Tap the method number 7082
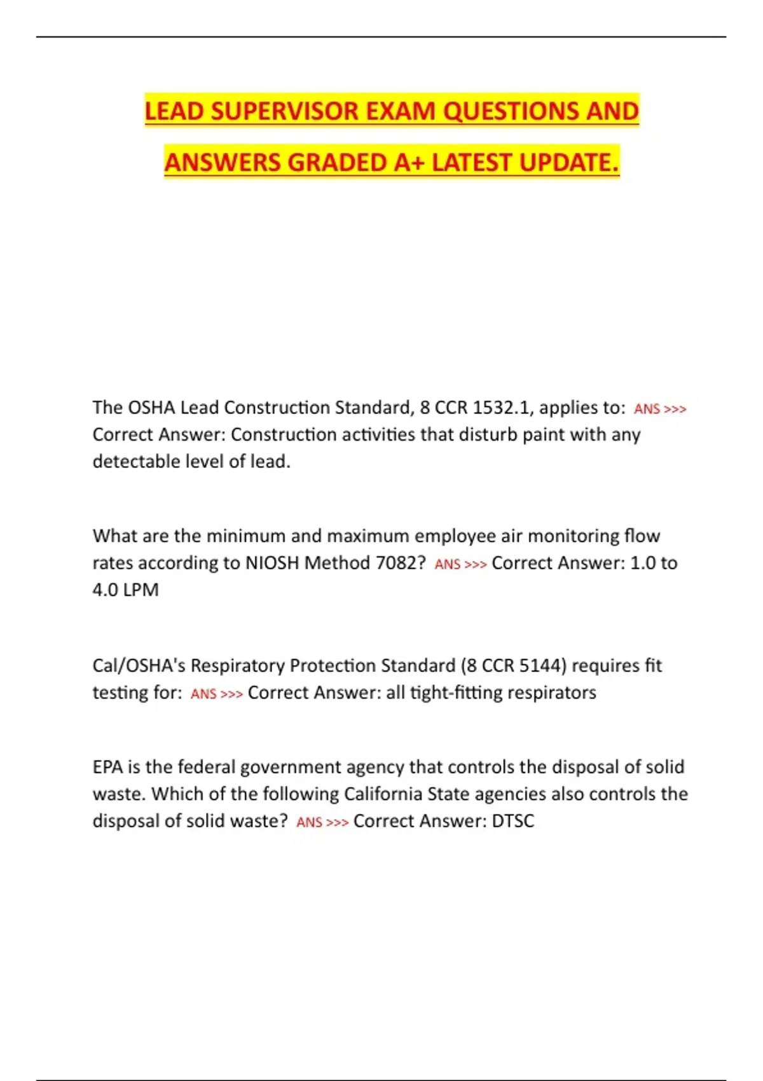(x=400, y=563)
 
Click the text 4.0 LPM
(x=125, y=590)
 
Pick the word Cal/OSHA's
(x=139, y=666)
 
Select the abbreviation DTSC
(x=513, y=821)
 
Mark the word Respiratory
(x=237, y=666)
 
